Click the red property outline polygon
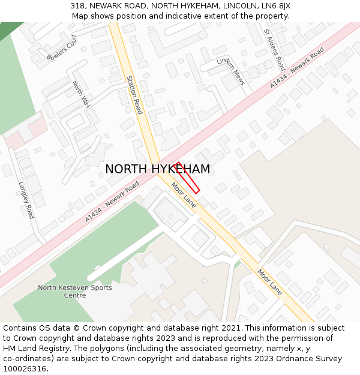[188, 178]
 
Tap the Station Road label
[134, 95]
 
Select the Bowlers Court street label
[62, 48]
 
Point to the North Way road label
[80, 95]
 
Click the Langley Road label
[26, 200]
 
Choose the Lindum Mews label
[232, 71]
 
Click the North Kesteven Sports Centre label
[75, 291]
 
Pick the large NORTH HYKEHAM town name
[158, 169]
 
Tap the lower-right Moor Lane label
[269, 281]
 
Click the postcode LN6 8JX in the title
[277, 6]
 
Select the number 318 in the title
[77, 6]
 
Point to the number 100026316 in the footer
[25, 368]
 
